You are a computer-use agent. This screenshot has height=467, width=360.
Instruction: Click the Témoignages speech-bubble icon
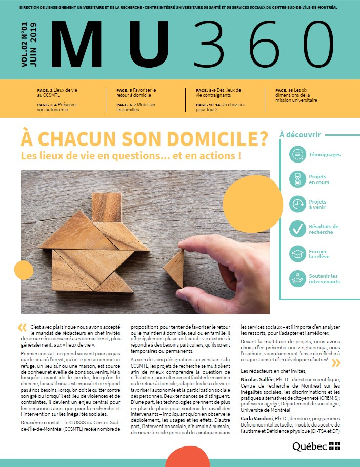click(x=296, y=154)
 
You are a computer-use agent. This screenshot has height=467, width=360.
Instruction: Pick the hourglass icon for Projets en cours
click(x=296, y=179)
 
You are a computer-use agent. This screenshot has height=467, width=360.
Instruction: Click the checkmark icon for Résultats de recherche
click(x=296, y=229)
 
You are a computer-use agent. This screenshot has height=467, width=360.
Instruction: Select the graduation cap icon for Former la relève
click(x=296, y=253)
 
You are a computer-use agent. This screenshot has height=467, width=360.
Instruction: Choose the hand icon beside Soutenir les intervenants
click(x=296, y=278)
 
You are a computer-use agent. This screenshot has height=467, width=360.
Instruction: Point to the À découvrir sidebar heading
click(x=300, y=135)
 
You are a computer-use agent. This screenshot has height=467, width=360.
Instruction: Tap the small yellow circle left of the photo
click(x=24, y=269)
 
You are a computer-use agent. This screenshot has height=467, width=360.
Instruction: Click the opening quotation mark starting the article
click(x=22, y=327)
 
